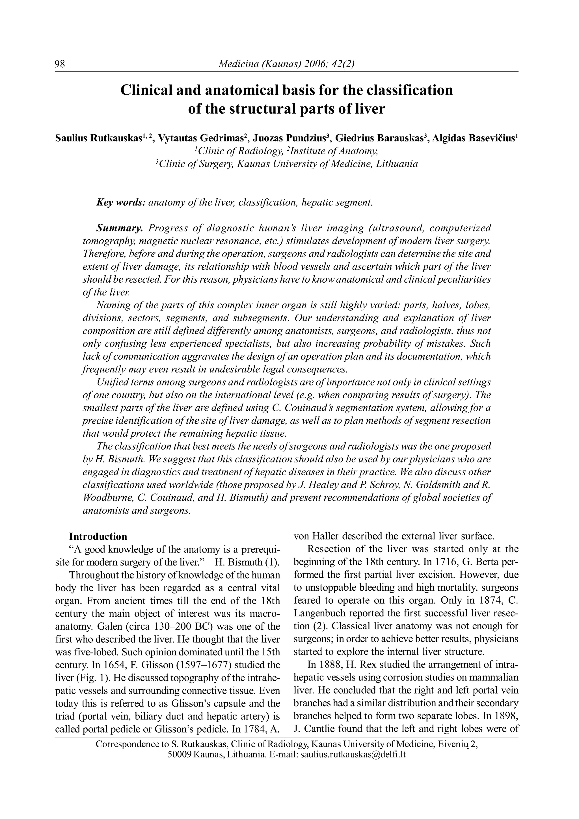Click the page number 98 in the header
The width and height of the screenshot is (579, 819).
tap(60, 64)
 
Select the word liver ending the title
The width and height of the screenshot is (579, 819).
tap(371, 109)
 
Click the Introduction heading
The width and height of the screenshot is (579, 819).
tap(98, 536)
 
